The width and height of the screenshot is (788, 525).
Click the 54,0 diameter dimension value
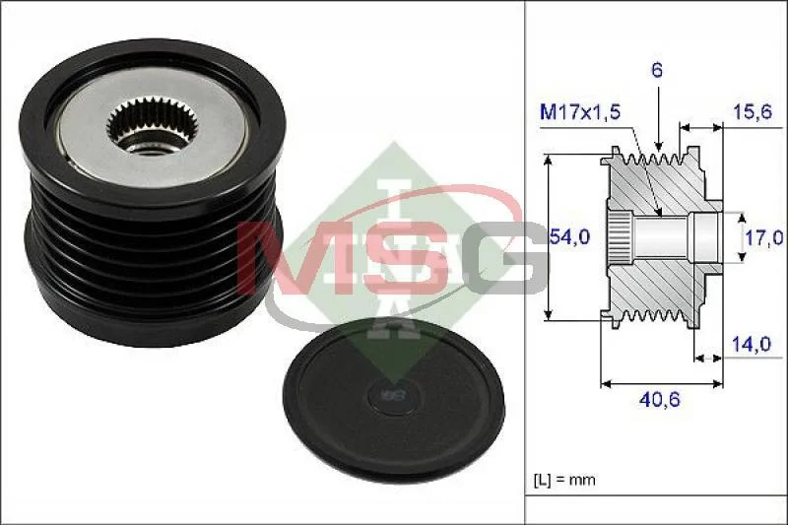(569, 235)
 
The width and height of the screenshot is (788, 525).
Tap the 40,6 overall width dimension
(659, 399)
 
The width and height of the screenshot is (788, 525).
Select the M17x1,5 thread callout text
(580, 112)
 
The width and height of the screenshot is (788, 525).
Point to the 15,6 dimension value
(753, 111)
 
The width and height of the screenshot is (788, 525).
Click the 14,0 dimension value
(751, 344)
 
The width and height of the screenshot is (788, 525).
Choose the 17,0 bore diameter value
(764, 236)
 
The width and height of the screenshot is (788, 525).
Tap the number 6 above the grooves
(657, 70)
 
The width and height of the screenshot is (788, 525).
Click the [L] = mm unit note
(564, 480)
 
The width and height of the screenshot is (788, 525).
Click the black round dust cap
(393, 399)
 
